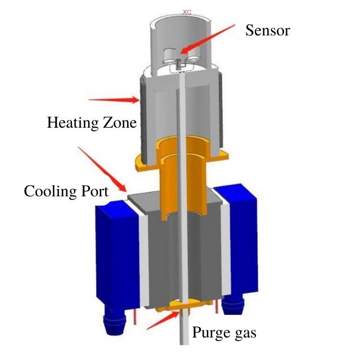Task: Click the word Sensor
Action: coord(267,30)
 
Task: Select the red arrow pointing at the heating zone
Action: coord(115,100)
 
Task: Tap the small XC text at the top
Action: coord(187,10)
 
